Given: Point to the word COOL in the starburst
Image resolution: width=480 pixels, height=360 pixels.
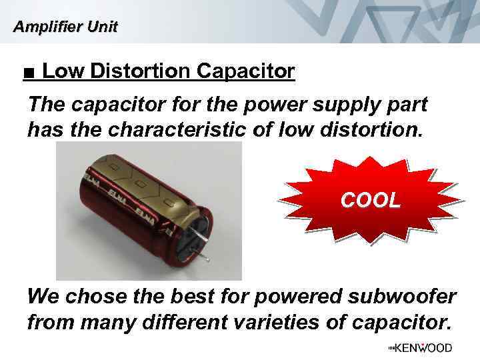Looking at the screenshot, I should [x=371, y=199].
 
